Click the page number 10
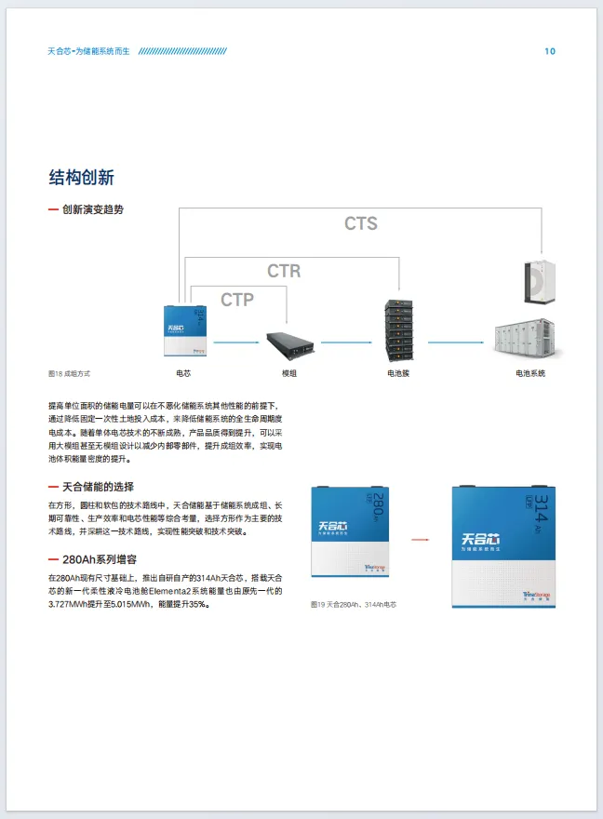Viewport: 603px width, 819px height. point(550,51)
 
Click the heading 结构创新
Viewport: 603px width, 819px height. point(81,177)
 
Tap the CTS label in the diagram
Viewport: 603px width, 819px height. point(361,223)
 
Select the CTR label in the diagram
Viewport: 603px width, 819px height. point(284,271)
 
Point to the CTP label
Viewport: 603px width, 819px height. point(237,300)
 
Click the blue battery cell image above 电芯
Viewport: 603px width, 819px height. point(184,330)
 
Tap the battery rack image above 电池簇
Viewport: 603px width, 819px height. point(399,331)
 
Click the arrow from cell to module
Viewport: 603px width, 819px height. point(234,342)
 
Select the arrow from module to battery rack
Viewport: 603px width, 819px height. point(345,342)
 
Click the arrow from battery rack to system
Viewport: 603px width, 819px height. point(459,342)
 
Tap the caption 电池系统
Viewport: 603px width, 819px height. point(530,373)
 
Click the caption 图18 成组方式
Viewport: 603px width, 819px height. point(69,373)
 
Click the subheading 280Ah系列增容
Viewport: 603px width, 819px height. point(100,559)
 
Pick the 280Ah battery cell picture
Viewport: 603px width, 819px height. point(350,538)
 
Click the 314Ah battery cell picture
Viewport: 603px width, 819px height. point(503,546)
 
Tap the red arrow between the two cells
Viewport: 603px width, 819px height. point(419,539)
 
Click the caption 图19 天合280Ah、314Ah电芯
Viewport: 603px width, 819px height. point(354,604)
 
